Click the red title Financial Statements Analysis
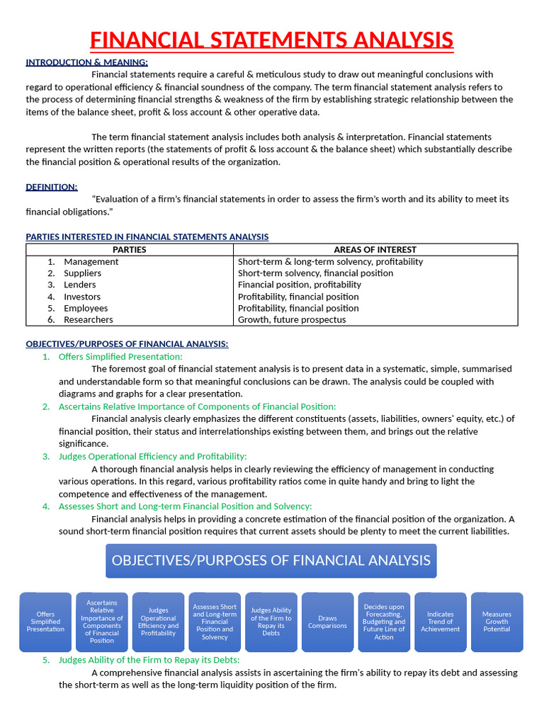pos(271,39)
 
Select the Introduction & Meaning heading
pos(86,62)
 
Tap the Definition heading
pos(52,187)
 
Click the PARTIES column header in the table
pos(130,249)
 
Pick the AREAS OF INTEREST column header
pos(375,249)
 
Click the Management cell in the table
pos(91,261)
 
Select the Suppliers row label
pos(82,273)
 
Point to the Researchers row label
pos(88,319)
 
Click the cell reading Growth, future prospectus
pos(292,319)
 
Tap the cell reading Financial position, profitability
pos(300,285)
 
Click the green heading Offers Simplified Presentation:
pos(120,356)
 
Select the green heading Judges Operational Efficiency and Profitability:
pos(152,457)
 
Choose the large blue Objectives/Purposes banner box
pos(271,561)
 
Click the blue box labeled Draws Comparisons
pos(327,622)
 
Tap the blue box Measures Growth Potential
pos(497,622)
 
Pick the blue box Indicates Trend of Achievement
pos(440,622)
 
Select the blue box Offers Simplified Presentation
pos(45,622)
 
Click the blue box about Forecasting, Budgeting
pos(384,622)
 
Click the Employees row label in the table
pos(86,308)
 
